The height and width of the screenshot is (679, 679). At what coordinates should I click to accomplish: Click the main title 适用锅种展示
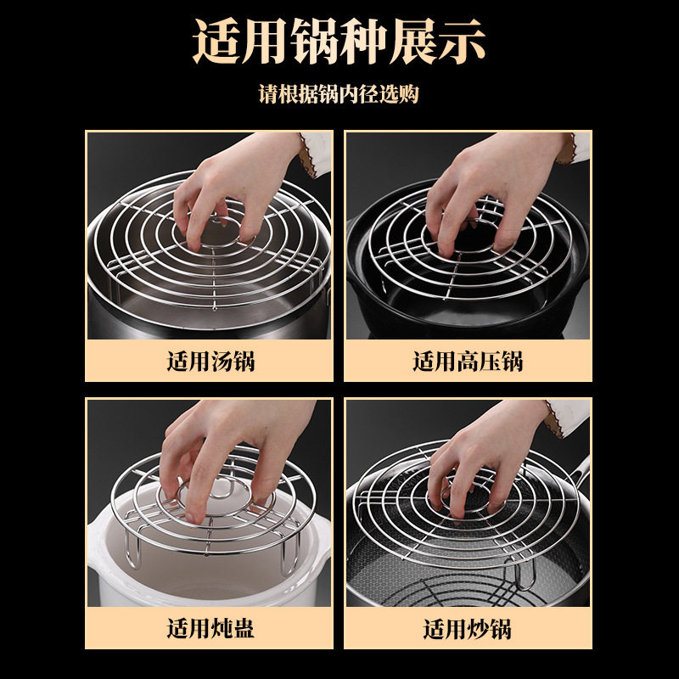(x=339, y=42)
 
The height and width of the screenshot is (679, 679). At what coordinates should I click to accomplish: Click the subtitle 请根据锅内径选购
(x=339, y=93)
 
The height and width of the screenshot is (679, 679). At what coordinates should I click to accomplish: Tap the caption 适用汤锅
(x=210, y=362)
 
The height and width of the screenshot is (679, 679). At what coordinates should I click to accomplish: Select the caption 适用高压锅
(x=468, y=362)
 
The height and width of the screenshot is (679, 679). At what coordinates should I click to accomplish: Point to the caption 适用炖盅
(x=210, y=628)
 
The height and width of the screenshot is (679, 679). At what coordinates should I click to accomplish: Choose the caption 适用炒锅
(x=468, y=628)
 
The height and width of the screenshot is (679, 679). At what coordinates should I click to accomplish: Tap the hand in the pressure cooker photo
(x=494, y=190)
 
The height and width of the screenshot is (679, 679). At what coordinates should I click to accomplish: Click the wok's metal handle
(x=580, y=472)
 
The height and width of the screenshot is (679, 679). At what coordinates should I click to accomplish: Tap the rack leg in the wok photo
(x=525, y=572)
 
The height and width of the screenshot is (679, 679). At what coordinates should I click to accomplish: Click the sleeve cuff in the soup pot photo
(x=315, y=154)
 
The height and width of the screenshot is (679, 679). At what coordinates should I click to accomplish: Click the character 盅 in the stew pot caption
(x=244, y=628)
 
